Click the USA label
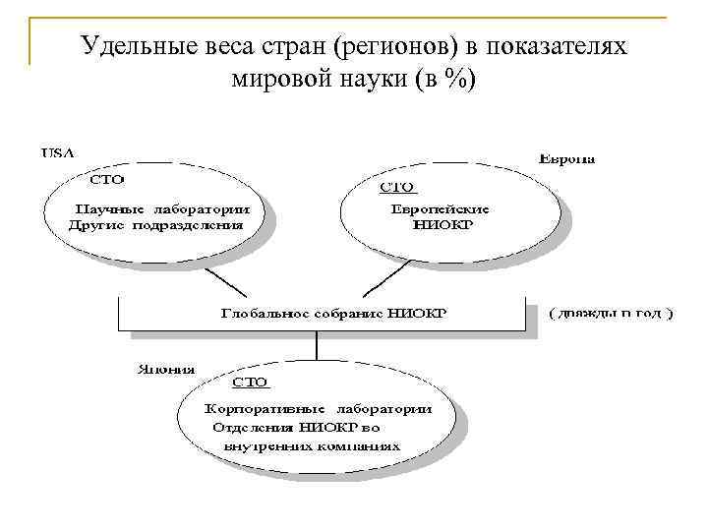[x=57, y=152]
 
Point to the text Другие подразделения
[x=156, y=224]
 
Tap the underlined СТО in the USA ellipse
[x=107, y=181]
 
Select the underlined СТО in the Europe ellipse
[x=398, y=186]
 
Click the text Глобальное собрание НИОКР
[x=333, y=314]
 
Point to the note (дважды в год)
[x=611, y=314]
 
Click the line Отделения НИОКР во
[x=296, y=427]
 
